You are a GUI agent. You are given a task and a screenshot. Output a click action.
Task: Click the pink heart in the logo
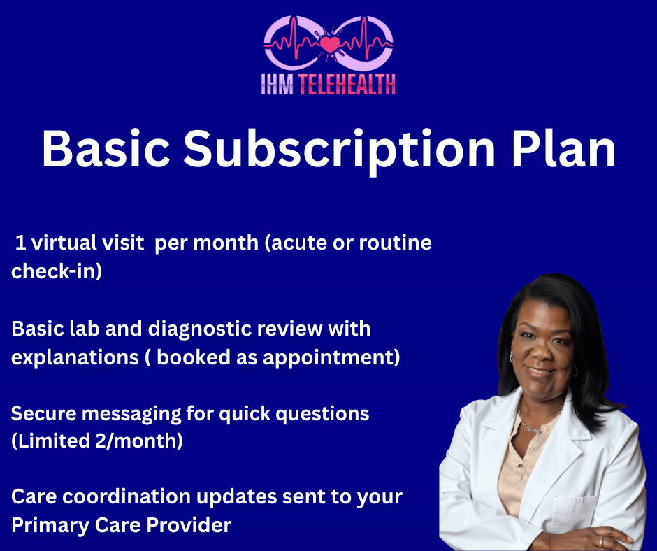point(330,44)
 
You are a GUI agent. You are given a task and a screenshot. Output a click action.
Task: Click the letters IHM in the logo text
point(277,85)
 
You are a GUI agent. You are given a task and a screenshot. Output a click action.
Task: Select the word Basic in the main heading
point(106,149)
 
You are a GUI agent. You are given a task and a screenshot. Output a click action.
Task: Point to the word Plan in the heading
point(563,149)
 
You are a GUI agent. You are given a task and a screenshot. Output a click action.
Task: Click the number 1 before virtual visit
point(20,243)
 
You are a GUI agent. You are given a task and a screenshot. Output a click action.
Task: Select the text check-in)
point(57,271)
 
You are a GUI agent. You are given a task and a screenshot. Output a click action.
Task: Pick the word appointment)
point(331,358)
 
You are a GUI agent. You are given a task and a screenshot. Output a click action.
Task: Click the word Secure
point(43,414)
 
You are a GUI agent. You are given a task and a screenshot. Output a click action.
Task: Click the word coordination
point(127,497)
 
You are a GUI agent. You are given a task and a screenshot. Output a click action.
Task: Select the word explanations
point(75,358)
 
